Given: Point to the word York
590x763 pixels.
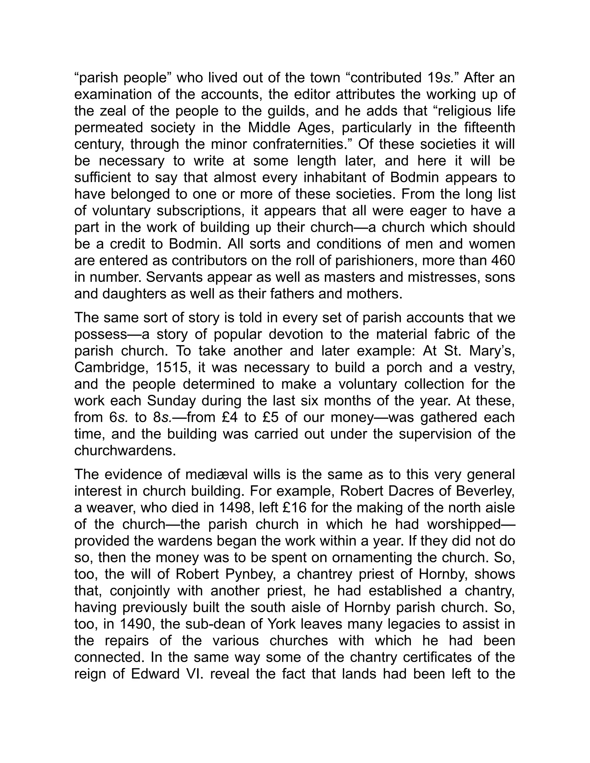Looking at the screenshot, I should (275, 624).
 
